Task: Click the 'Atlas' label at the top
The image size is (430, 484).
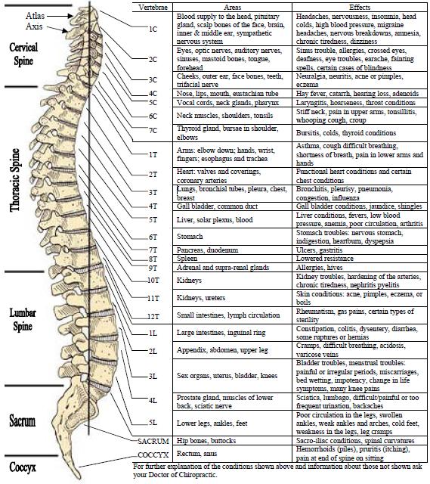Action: [36, 16]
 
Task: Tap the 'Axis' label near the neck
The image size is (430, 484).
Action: [34, 26]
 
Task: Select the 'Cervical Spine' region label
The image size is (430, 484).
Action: [23, 54]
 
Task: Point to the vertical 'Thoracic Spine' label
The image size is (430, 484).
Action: [15, 180]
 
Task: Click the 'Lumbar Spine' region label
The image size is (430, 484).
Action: [23, 319]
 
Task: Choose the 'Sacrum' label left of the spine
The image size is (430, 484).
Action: [22, 421]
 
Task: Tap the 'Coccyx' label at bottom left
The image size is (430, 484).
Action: [23, 467]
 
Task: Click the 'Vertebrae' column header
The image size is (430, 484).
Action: [153, 8]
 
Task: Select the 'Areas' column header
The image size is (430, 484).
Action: [233, 8]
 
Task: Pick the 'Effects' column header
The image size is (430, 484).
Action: [360, 8]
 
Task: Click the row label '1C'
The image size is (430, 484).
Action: [153, 29]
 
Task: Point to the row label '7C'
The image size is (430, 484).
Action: [153, 131]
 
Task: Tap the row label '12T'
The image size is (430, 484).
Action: [153, 316]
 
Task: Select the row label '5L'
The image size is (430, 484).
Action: [153, 422]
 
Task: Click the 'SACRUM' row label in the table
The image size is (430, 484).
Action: [153, 442]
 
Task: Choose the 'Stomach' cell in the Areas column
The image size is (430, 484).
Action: [190, 237]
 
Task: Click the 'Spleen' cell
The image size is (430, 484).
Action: [187, 259]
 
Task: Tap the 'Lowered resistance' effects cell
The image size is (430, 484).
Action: [325, 259]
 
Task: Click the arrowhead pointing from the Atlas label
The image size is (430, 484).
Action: [71, 16]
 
